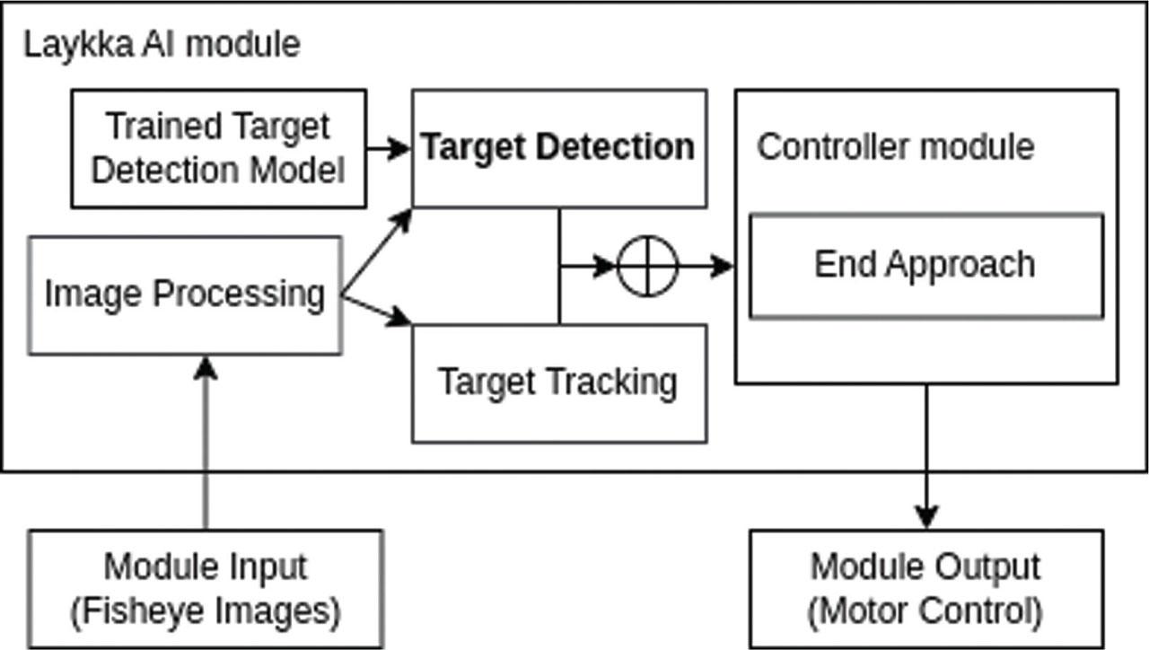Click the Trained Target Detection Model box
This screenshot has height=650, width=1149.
pyautogui.click(x=218, y=148)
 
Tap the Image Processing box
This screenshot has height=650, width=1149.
pyautogui.click(x=185, y=294)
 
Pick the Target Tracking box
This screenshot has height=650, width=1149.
pyautogui.click(x=558, y=382)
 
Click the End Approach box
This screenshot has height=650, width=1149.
pyautogui.click(x=925, y=266)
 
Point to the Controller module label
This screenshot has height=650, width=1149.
pyautogui.click(x=895, y=146)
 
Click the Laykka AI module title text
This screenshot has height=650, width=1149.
pyautogui.click(x=162, y=45)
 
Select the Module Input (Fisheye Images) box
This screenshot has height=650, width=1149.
pyautogui.click(x=206, y=589)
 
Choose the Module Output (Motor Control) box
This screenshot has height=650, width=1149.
pyautogui.click(x=925, y=589)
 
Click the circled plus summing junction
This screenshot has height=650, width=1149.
pyautogui.click(x=648, y=266)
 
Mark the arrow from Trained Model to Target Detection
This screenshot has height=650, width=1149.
pyautogui.click(x=389, y=148)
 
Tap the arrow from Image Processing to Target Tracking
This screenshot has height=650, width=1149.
pyautogui.click(x=377, y=310)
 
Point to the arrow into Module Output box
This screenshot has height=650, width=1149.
pyautogui.click(x=925, y=458)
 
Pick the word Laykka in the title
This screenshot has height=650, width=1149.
pyautogui.click(x=79, y=45)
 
